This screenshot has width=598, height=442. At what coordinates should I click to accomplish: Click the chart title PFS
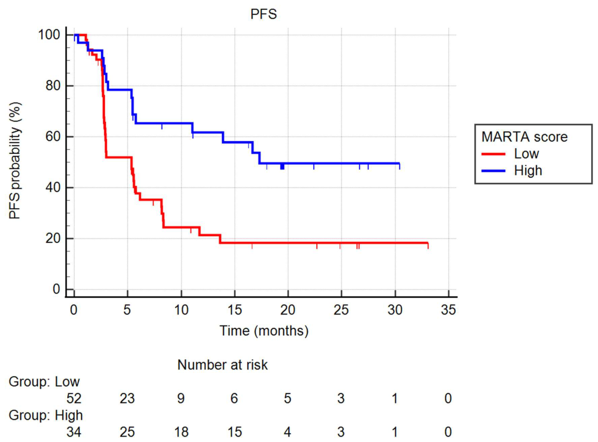pyautogui.click(x=263, y=14)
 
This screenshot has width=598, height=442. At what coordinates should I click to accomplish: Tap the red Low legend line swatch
pyautogui.click(x=493, y=154)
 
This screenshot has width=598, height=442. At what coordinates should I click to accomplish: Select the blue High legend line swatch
pyautogui.click(x=493, y=171)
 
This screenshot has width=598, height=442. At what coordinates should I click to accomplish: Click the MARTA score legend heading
pyautogui.click(x=524, y=137)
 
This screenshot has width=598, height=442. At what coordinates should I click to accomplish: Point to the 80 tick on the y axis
pyautogui.click(x=53, y=85)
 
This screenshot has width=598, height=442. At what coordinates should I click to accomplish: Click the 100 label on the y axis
pyautogui.click(x=49, y=35)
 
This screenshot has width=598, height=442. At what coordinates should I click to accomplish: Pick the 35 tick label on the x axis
pyautogui.click(x=448, y=310)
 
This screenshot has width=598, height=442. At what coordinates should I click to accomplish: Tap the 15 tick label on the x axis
pyautogui.click(x=234, y=310)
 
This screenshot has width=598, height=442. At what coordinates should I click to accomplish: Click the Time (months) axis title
pyautogui.click(x=264, y=330)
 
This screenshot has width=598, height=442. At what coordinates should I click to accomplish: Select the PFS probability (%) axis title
pyautogui.click(x=15, y=160)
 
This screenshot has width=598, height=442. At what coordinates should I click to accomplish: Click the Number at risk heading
pyautogui.click(x=223, y=365)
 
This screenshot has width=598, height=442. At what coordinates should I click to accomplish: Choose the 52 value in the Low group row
pyautogui.click(x=74, y=399)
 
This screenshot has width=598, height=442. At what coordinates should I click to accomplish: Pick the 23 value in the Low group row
pyautogui.click(x=127, y=399)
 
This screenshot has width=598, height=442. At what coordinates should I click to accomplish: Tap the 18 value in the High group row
pyautogui.click(x=181, y=432)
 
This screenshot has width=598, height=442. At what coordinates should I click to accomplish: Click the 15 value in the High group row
pyautogui.click(x=234, y=432)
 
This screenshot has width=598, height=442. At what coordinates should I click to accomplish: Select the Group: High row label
pyautogui.click(x=46, y=415)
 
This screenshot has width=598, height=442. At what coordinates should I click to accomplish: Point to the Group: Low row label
pyautogui.click(x=44, y=382)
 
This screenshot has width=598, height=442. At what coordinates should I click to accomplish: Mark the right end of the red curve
pyautogui.click(x=428, y=243)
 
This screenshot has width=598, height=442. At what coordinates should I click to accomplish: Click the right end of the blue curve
pyautogui.click(x=399, y=164)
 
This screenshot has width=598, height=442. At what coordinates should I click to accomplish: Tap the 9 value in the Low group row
pyautogui.click(x=181, y=399)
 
